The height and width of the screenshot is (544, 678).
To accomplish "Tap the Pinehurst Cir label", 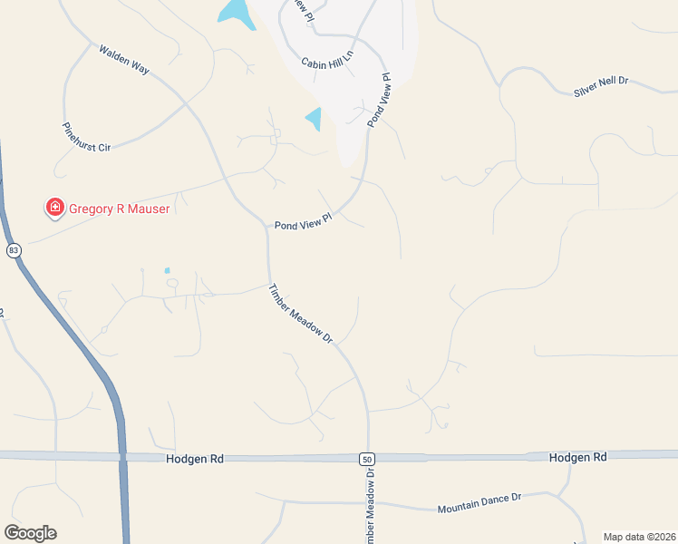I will (85, 137).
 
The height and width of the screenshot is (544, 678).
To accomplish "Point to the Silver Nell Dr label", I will (601, 86).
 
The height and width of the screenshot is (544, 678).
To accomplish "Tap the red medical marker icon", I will (55, 209).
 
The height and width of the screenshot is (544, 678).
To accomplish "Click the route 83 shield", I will (14, 250).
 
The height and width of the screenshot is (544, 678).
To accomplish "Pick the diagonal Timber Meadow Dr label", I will (301, 314).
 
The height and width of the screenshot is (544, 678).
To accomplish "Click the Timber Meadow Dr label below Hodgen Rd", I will (371, 508).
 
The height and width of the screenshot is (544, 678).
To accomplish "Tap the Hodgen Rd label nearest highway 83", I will (194, 460).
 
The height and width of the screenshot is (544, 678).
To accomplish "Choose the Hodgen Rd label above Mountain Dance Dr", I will (577, 458).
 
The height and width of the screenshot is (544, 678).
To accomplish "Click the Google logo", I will (30, 533).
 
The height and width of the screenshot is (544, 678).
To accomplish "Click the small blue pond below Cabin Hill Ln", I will (314, 119).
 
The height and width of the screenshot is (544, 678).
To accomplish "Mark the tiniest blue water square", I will (167, 270).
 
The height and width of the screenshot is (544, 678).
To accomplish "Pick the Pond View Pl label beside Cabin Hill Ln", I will (379, 100).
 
